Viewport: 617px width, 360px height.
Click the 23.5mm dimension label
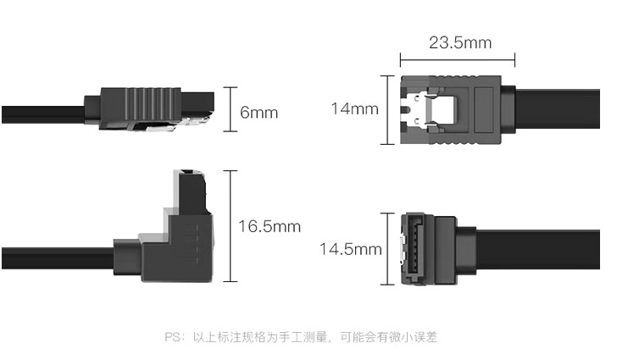pyautogui.click(x=460, y=42)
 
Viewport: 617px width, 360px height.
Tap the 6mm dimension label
pyautogui.click(x=259, y=113)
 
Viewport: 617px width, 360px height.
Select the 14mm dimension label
pyautogui.click(x=354, y=108)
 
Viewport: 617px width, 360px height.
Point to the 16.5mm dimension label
pyautogui.click(x=270, y=226)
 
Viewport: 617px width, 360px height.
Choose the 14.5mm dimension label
pyautogui.click(x=351, y=249)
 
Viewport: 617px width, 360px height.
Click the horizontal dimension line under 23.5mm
pyautogui.click(x=458, y=60)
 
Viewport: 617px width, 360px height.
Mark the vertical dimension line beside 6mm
pyautogui.click(x=231, y=109)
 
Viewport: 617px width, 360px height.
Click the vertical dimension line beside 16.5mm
pyautogui.click(x=231, y=226)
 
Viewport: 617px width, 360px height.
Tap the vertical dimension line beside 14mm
pyautogui.click(x=387, y=110)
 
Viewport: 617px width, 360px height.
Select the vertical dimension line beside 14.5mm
pyautogui.click(x=387, y=249)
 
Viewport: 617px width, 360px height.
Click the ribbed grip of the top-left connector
pyautogui.click(x=150, y=104)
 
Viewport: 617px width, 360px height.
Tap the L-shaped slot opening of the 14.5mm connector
pyautogui.click(x=413, y=249)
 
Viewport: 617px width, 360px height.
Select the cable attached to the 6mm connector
pyautogui.click(x=43, y=114)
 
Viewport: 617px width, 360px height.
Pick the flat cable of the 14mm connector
pyautogui.click(x=558, y=109)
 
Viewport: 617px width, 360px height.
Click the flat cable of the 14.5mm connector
pyautogui.click(x=538, y=249)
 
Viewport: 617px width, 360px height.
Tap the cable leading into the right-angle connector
pyautogui.click(x=58, y=258)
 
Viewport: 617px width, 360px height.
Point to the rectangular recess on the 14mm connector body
pyautogui.click(x=484, y=110)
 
